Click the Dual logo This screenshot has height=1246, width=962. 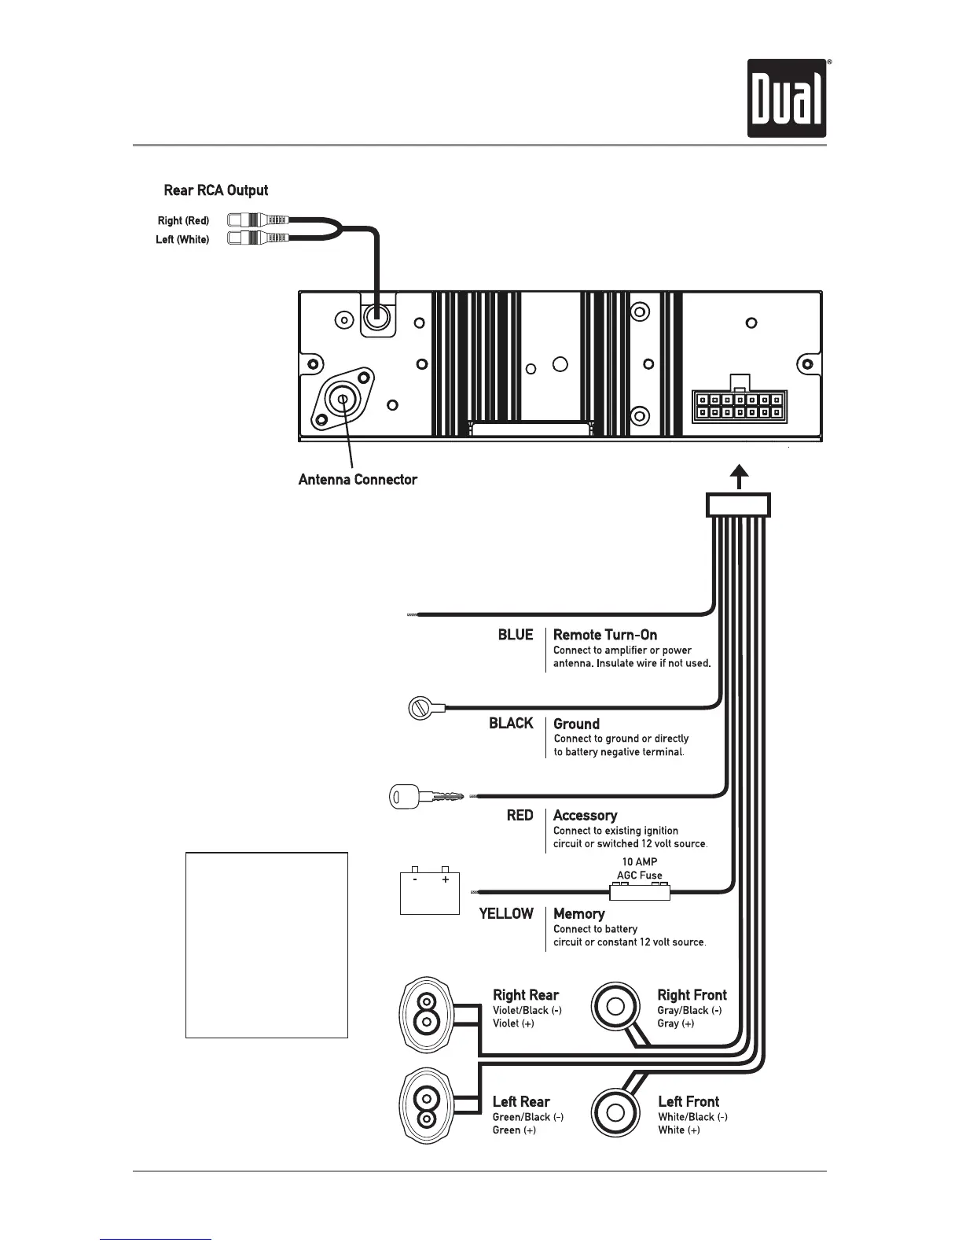787,98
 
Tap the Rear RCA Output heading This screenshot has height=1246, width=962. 215,190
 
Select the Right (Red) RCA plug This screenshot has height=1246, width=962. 258,220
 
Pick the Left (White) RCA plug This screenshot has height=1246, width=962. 258,238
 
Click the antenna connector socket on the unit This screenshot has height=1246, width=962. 343,399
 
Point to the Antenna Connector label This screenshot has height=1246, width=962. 358,479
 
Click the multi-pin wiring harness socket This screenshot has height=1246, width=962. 738,406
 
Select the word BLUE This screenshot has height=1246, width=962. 516,635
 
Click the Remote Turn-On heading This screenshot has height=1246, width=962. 605,635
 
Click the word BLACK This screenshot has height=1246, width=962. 511,723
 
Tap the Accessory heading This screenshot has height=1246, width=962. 585,815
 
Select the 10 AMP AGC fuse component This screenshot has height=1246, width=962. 640,892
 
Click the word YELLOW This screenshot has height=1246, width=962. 506,913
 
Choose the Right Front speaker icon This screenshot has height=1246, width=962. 616,1007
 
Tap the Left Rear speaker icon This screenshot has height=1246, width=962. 426,1107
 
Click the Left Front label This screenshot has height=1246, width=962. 688,1101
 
